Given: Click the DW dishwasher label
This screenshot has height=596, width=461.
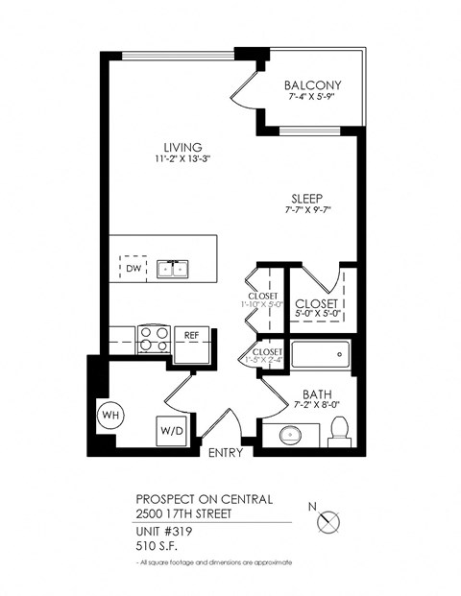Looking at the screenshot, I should tap(133, 270).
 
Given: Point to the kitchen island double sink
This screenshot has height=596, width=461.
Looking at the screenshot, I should tap(173, 270).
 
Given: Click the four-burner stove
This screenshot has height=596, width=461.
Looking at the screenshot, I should tap(154, 339).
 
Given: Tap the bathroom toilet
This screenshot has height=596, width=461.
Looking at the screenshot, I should tap(337, 434).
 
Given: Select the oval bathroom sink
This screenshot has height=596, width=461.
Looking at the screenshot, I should tap(292, 435).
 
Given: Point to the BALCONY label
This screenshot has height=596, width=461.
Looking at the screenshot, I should tap(314, 85).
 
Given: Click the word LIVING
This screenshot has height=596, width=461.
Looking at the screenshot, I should tap(182, 147).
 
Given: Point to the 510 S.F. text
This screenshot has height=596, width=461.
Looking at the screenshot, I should tap(156, 546).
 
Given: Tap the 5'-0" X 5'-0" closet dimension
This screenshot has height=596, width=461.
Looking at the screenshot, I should tap(320, 312).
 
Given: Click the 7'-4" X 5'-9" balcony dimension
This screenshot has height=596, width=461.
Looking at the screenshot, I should tap(314, 98).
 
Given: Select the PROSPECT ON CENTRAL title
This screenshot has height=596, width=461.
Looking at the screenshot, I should tap(204, 499).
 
